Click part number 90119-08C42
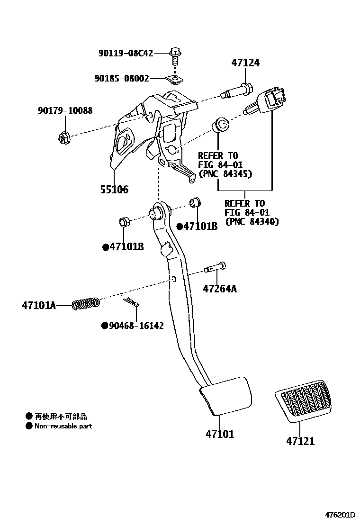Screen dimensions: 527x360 pos(126,53)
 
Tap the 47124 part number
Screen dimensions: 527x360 pos(245,63)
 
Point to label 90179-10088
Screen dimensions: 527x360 pos(65,110)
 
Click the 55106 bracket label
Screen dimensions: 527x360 pos(114,190)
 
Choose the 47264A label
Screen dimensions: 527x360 pos(220,288)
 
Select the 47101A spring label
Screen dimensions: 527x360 pos(38,306)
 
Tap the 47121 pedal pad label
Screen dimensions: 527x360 pos(300,441)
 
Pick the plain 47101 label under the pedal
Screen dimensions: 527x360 pos(220,434)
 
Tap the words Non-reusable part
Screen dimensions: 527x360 pos(63,426)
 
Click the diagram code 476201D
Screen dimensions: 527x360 pos(339,514)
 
